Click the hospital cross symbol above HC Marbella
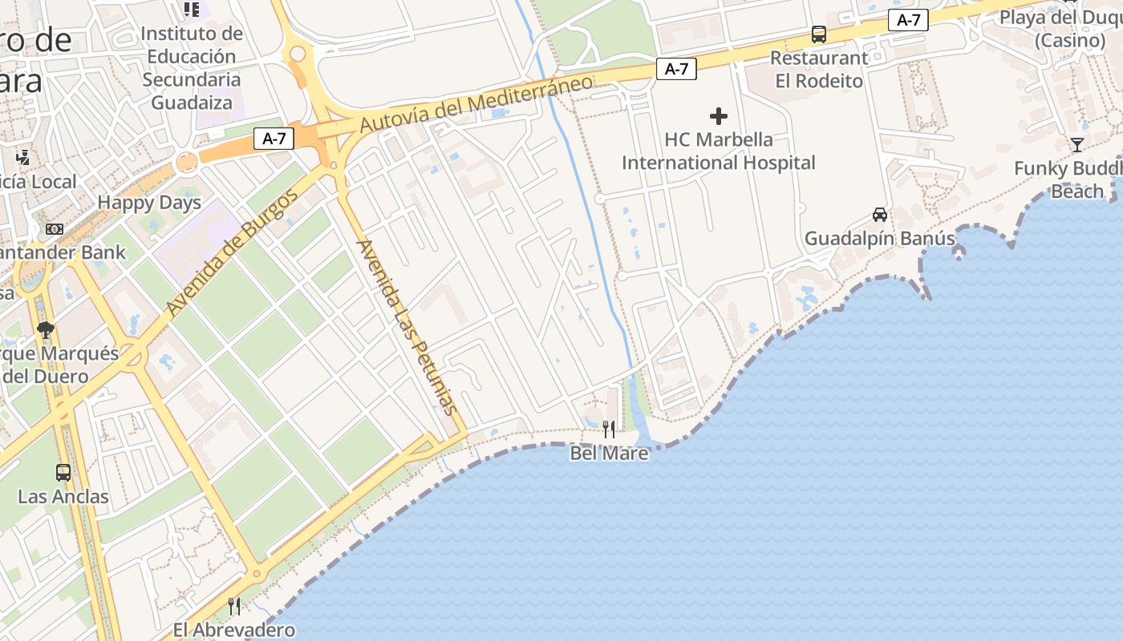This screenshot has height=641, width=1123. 719,116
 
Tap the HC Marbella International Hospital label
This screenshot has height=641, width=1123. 719,151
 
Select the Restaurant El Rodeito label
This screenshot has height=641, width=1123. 819,70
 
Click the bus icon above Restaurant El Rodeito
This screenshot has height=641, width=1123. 819,34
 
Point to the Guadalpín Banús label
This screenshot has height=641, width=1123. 880,239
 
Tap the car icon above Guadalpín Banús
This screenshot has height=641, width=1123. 880,215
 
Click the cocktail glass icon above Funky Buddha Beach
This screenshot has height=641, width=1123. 1076,145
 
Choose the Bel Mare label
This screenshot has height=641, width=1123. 609,454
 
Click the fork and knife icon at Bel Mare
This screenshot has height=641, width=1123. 609,429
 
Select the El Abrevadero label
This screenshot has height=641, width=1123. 234,630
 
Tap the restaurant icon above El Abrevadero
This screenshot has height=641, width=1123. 234,606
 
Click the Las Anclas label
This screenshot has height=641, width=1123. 63,497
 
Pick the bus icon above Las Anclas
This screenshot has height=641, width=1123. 63,473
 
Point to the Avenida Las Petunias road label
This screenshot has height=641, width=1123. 410,326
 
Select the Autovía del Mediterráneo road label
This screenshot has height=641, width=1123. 476,104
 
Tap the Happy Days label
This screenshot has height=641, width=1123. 149,203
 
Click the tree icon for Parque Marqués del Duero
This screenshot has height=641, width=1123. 46,329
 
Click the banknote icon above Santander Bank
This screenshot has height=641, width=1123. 54,229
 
